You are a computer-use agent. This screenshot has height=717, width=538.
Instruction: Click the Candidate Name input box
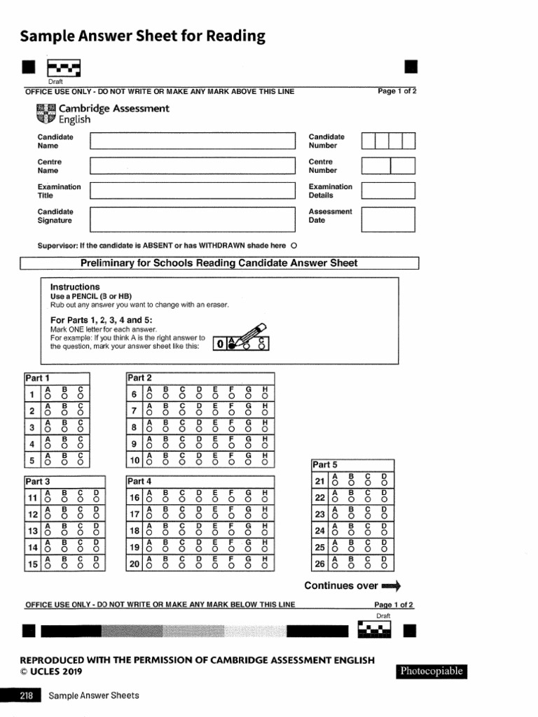pos(193,141)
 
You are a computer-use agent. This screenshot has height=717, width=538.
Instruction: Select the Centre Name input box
pos(193,166)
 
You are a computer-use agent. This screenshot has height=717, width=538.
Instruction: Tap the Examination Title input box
pos(193,190)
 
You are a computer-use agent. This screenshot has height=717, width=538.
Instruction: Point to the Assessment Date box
pos(388,219)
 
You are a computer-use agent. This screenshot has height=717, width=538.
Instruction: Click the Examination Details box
pos(388,190)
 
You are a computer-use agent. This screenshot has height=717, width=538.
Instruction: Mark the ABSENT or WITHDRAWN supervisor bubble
pos(294,246)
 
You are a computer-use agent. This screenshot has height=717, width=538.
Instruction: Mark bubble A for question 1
pos(48,396)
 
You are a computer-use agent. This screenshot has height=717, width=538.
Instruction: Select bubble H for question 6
pos(265,396)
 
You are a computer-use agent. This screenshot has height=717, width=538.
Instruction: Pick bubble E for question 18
pos(214,534)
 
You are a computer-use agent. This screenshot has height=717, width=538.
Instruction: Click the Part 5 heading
pos(325,464)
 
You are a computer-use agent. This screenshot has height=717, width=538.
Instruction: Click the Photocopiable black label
pos(431,671)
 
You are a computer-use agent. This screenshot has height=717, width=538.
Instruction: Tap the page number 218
pos(21,695)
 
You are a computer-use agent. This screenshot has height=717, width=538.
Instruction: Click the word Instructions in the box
pos(75,287)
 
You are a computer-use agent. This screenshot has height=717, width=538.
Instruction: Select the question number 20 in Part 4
pos(134,564)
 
